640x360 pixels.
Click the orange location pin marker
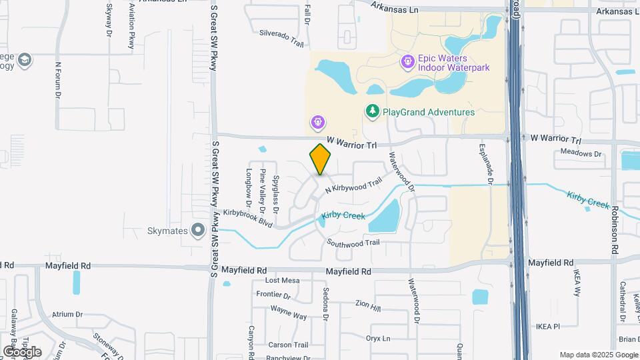(321, 159)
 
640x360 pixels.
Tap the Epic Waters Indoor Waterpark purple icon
(407, 62)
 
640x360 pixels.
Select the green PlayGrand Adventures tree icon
(372, 111)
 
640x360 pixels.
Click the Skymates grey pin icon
(197, 231)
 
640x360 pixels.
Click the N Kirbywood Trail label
(353, 185)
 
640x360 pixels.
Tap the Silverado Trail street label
(281, 37)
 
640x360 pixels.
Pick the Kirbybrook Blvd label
(249, 218)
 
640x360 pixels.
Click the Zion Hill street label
(368, 305)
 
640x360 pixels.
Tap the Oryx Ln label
(377, 338)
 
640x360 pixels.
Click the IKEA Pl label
(547, 327)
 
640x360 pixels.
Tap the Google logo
(22, 351)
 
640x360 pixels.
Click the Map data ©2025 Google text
(598, 355)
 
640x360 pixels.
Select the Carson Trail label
(288, 345)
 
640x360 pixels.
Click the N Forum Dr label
(58, 81)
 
